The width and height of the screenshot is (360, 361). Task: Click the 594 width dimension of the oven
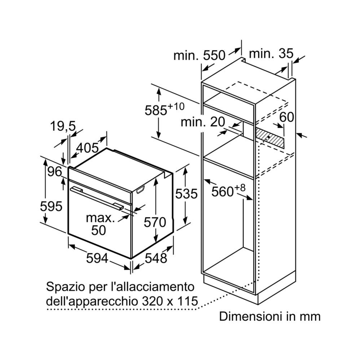pyautogui.click(x=97, y=258)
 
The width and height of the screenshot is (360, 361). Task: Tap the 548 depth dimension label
pyautogui.click(x=156, y=258)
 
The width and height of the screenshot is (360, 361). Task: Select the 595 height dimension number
pyautogui.click(x=51, y=206)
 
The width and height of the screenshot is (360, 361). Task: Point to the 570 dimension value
pyautogui.click(x=155, y=222)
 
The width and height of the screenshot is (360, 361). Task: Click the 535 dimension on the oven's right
pyautogui.click(x=186, y=193)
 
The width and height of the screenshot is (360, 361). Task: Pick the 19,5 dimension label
pyautogui.click(x=63, y=126)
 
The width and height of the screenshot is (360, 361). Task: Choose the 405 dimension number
pyautogui.click(x=87, y=148)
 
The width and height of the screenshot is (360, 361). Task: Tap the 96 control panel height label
pyautogui.click(x=55, y=172)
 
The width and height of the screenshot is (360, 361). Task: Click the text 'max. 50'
pyautogui.click(x=100, y=224)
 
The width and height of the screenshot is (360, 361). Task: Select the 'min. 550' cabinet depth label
pyautogui.click(x=199, y=56)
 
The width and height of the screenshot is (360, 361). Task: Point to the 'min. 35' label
pyautogui.click(x=271, y=54)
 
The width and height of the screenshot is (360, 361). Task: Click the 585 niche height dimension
pyautogui.click(x=164, y=109)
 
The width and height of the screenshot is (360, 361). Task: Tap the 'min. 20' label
pyautogui.click(x=203, y=122)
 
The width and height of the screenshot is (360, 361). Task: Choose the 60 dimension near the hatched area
pyautogui.click(x=287, y=117)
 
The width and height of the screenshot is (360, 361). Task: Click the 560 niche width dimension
pyautogui.click(x=228, y=191)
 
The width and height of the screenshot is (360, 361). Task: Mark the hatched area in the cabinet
pyautogui.click(x=269, y=138)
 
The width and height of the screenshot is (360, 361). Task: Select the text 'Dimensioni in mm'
pyautogui.click(x=269, y=317)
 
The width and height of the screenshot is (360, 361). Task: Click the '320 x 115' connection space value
pyautogui.click(x=170, y=301)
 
